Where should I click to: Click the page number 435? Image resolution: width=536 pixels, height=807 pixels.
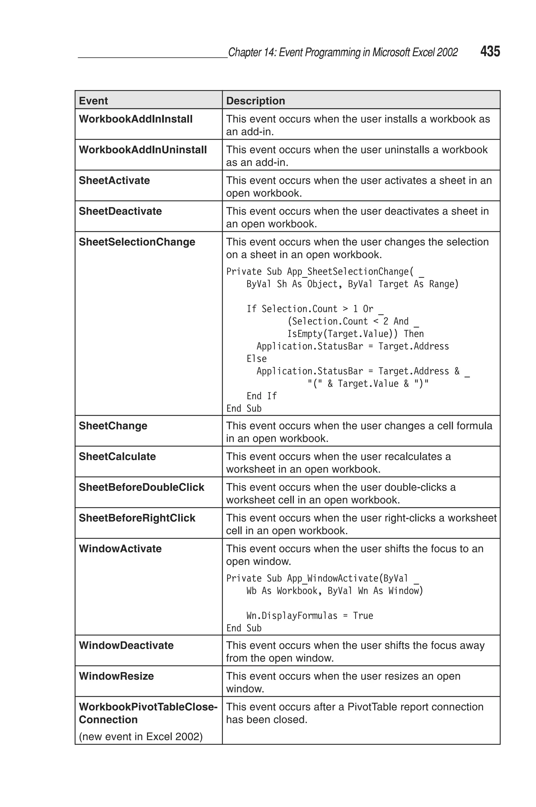[490, 51]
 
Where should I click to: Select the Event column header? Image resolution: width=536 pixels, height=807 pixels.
[93, 101]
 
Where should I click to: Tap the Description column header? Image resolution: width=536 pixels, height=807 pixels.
[255, 101]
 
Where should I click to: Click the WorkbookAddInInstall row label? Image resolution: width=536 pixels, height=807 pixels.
[136, 119]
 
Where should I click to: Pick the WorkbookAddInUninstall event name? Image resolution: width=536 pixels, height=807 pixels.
[143, 150]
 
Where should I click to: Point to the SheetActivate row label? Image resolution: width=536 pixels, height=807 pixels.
[114, 180]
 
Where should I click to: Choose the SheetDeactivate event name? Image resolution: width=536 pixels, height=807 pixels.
[120, 211]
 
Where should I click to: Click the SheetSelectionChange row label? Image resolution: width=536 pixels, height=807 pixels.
[137, 242]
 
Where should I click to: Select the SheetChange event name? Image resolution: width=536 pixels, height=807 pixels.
[113, 426]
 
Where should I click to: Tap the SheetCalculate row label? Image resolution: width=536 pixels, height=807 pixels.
[117, 457]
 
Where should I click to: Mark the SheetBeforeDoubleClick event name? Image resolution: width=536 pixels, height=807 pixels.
[141, 487]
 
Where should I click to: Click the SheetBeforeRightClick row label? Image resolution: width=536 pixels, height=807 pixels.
[137, 518]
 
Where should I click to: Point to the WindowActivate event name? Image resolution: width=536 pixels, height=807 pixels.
[120, 549]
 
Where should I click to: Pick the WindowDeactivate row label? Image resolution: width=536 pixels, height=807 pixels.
[126, 646]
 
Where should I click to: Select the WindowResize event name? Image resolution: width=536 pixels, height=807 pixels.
[116, 676]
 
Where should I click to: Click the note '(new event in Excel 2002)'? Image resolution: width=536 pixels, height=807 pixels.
[141, 736]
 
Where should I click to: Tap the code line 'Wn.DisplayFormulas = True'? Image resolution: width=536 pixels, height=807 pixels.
[309, 616]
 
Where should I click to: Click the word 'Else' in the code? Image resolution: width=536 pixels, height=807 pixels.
[256, 359]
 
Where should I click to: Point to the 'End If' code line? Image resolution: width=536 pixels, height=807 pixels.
[261, 396]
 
